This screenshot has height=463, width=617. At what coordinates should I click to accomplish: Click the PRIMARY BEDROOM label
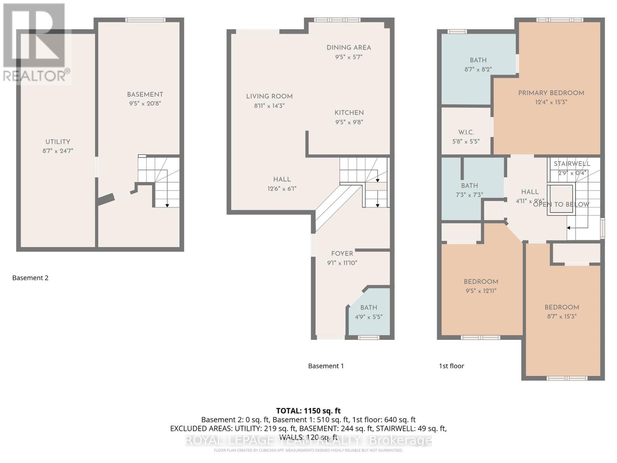551,93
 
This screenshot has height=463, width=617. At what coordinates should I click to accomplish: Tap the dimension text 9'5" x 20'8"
145,103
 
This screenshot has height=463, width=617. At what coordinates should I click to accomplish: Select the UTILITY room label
58,142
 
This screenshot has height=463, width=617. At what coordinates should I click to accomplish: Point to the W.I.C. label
466,132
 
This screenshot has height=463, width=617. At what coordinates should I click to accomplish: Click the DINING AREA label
349,47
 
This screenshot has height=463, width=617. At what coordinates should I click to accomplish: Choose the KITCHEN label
349,113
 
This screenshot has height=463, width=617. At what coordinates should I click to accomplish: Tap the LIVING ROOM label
269,96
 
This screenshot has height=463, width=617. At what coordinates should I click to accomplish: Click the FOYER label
342,253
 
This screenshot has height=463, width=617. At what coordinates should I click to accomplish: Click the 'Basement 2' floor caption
30,278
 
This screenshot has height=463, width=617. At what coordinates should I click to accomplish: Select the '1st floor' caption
451,366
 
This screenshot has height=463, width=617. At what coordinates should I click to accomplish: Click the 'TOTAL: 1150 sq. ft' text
308,411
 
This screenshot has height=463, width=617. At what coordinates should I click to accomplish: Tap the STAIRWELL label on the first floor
572,164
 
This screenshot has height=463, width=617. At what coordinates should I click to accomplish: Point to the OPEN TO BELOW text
561,204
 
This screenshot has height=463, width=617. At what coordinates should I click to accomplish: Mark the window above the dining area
337,20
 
